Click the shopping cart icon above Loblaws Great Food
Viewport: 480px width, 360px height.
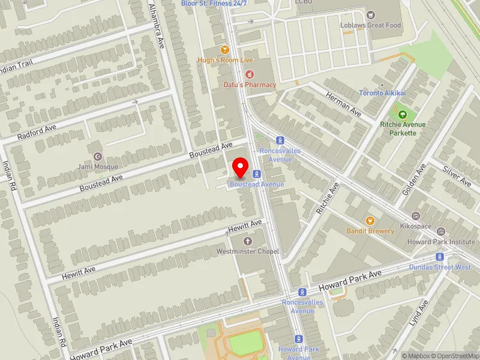370,14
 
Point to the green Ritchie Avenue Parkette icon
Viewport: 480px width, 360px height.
402,114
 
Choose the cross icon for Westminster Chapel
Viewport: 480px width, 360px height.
248,241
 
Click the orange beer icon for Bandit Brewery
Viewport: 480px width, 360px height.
370,220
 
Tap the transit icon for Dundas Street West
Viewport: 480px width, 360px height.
440,257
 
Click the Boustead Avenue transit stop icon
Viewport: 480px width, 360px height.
257,174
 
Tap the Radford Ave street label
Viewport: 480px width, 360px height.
37,132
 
